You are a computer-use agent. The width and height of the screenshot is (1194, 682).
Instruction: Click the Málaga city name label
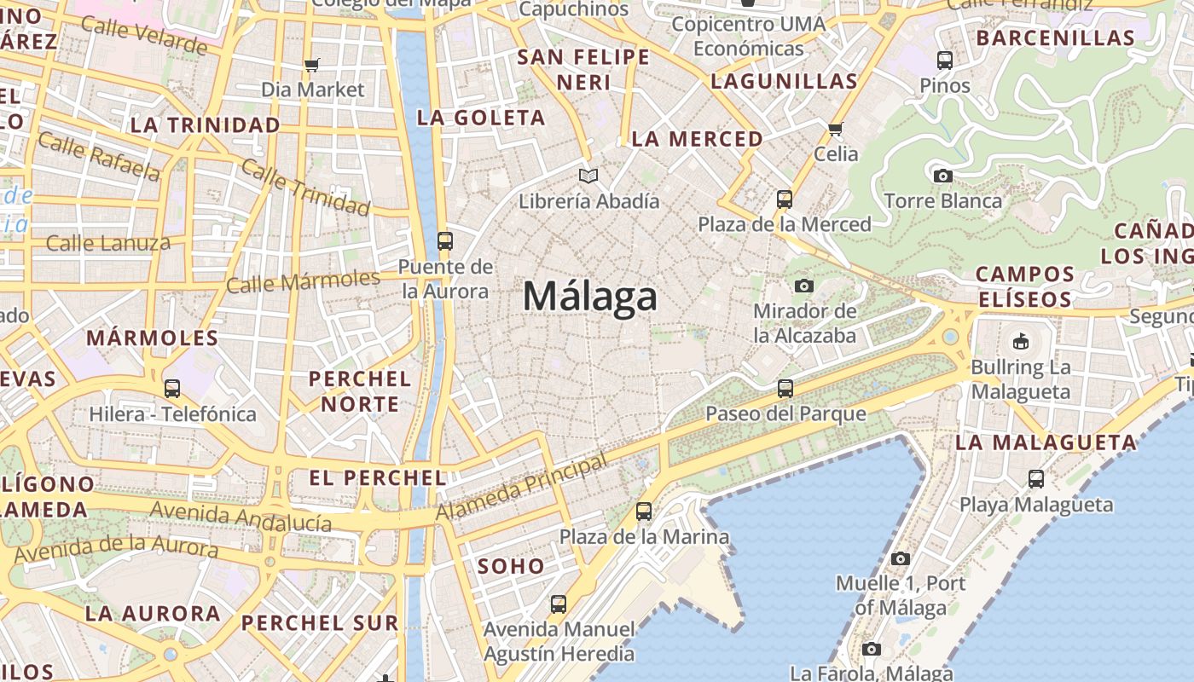590,297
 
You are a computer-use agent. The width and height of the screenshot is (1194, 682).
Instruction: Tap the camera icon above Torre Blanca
942,176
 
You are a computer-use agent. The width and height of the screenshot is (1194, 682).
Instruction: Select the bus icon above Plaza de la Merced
785,199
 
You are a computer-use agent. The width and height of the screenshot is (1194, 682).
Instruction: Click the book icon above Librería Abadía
588,176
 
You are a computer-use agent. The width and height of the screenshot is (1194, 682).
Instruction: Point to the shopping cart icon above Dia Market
312,65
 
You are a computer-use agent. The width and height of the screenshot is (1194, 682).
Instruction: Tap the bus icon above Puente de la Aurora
445,241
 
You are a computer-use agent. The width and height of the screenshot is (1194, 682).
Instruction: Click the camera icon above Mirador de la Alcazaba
803,286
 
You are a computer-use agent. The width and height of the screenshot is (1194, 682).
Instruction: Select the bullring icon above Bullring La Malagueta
1020,342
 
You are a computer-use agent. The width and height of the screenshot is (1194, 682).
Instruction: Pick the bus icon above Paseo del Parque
785,389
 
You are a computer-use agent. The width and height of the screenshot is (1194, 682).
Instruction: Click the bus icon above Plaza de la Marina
644,511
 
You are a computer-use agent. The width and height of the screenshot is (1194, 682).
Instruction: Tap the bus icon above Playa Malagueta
1036,479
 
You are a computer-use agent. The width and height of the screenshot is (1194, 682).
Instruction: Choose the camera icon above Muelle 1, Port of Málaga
900,559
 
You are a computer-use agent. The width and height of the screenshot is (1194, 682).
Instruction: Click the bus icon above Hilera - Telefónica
172,389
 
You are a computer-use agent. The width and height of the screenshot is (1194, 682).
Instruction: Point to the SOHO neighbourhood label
511,566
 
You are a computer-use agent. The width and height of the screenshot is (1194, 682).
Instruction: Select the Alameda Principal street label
522,487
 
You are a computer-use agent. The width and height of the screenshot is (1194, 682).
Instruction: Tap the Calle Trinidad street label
305,187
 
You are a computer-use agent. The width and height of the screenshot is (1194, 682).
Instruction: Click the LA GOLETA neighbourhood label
481,118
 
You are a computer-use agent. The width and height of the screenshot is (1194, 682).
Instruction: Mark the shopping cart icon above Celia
835,130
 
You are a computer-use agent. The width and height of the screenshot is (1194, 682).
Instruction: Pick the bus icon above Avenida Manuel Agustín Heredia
559,604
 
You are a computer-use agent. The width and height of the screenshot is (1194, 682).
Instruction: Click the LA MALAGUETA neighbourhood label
1046,442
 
